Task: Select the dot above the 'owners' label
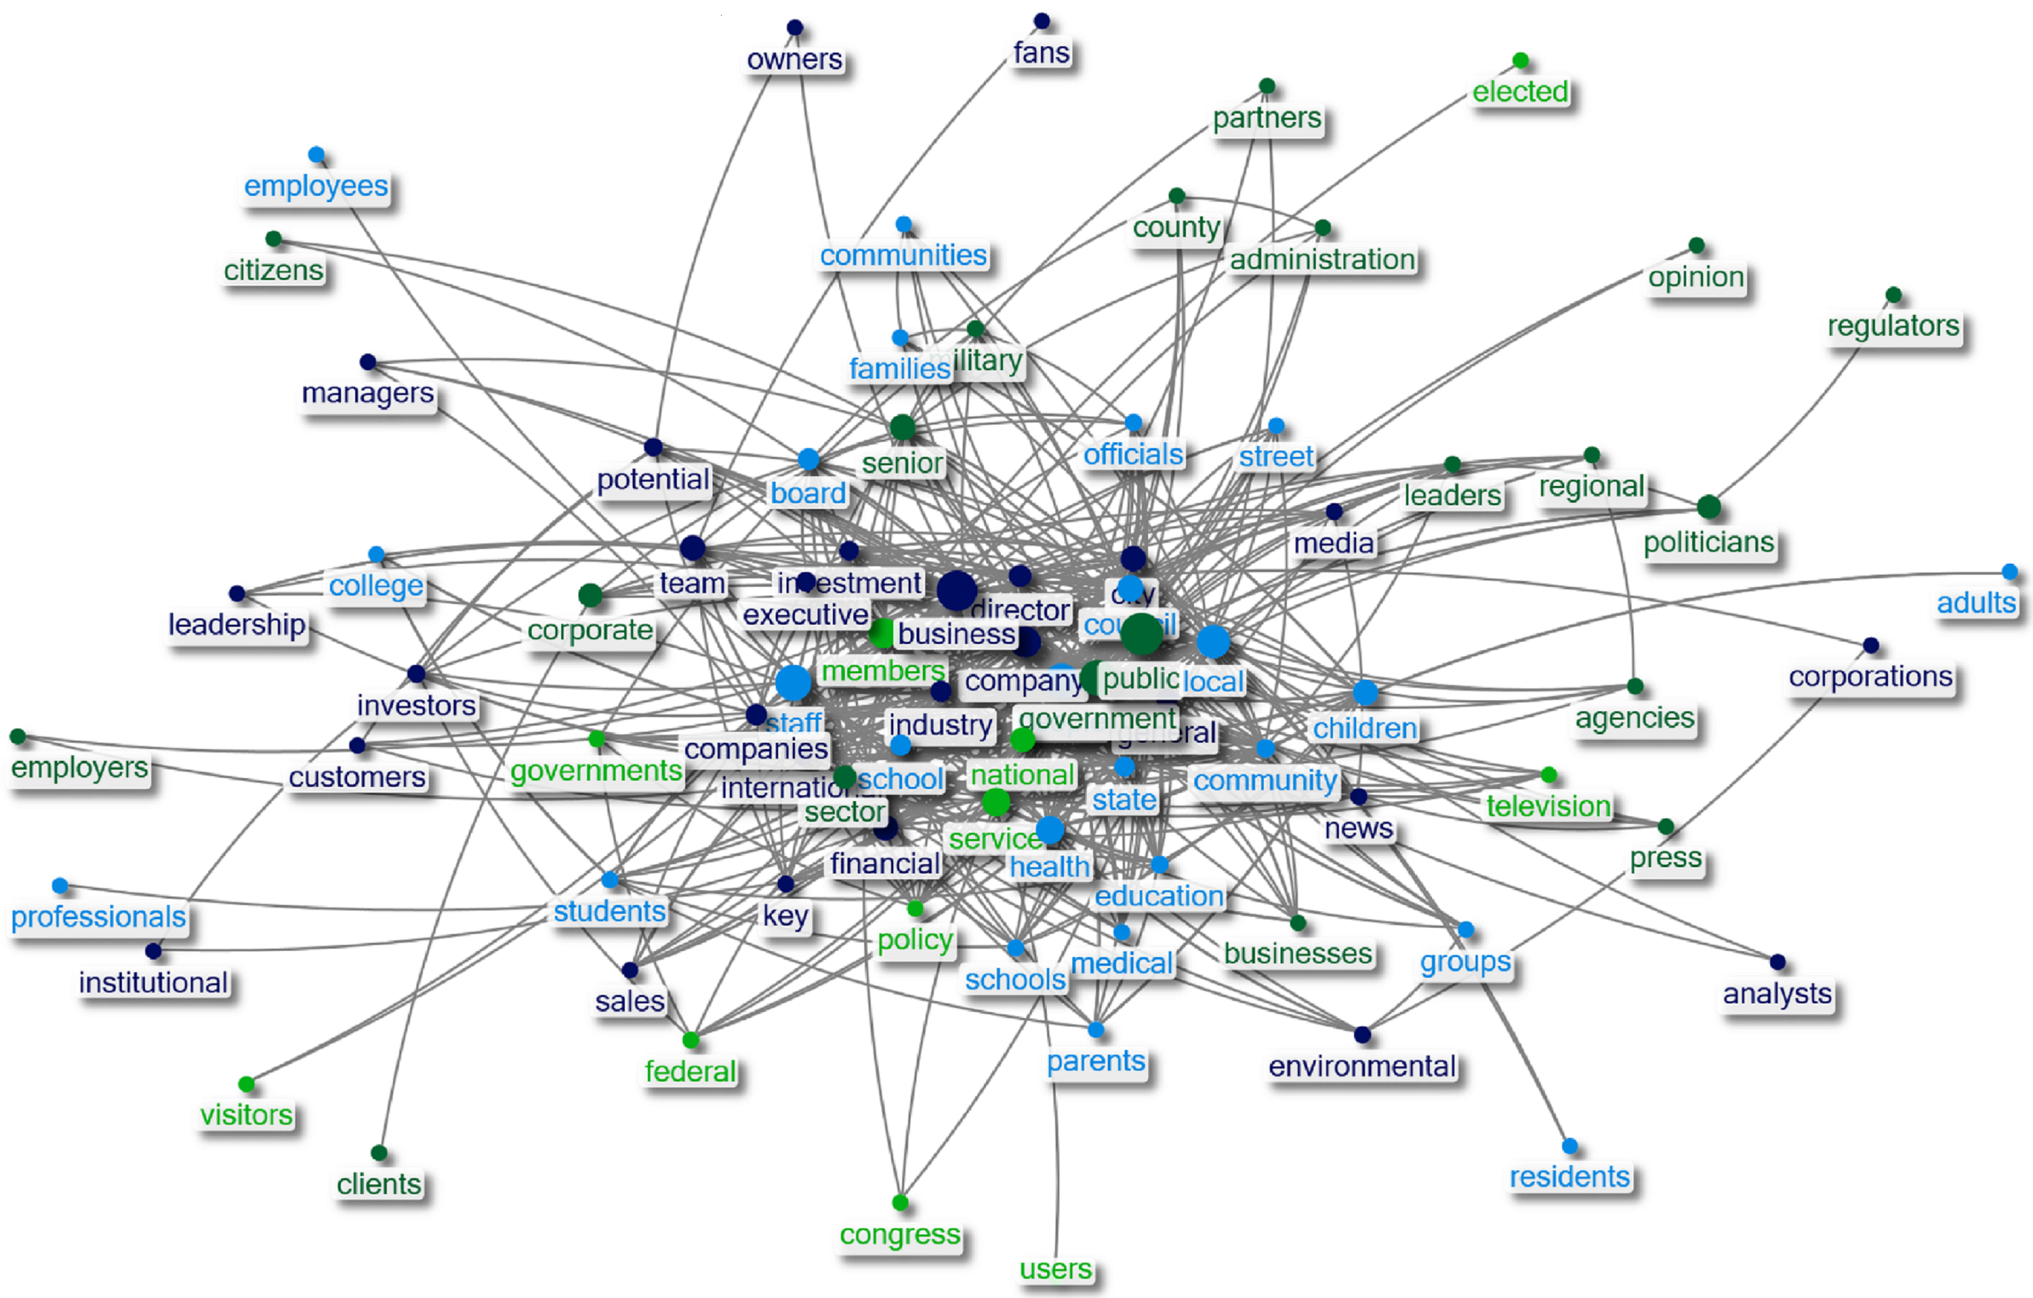click(795, 28)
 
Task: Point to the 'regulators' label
click(1893, 326)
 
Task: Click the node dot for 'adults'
click(2009, 571)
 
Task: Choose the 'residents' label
click(1569, 1177)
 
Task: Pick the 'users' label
click(1055, 1269)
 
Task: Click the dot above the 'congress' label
click(900, 1202)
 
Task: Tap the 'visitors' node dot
click(246, 1084)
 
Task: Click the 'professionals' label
click(98, 916)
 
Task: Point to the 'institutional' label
click(153, 982)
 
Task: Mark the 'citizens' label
click(274, 270)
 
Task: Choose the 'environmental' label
click(1362, 1066)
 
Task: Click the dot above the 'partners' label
click(1266, 86)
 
